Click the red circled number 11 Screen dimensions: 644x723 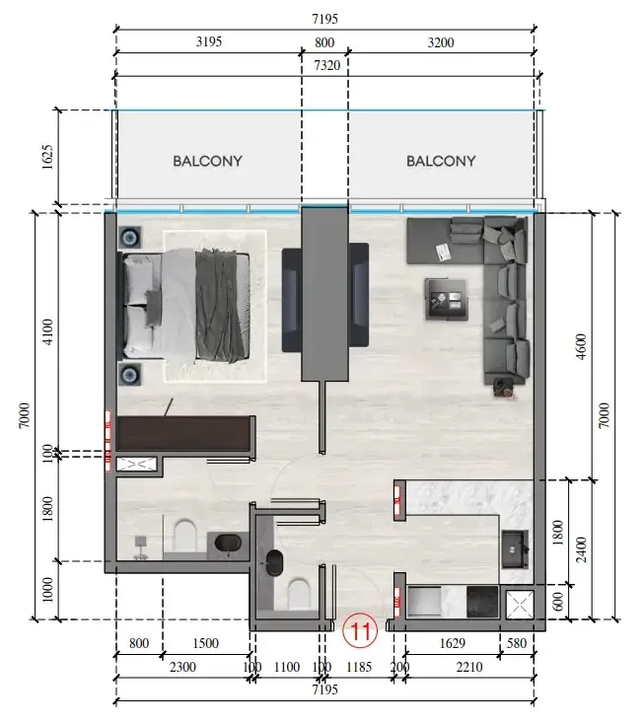[x=360, y=630]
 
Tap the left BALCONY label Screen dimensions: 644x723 [x=207, y=161]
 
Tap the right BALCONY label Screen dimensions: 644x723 [x=441, y=161]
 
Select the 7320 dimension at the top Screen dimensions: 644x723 [x=326, y=65]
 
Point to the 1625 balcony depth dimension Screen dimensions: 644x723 [x=47, y=157]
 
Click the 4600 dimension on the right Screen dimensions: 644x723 [x=581, y=346]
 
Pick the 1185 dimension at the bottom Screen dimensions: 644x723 [x=359, y=667]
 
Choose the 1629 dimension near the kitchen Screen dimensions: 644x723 [x=453, y=643]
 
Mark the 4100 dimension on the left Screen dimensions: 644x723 [x=47, y=331]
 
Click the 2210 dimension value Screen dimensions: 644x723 [x=469, y=667]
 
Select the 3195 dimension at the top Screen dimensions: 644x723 [x=209, y=42]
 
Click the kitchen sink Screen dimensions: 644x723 [x=515, y=549]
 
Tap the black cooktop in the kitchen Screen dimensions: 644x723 [x=482, y=602]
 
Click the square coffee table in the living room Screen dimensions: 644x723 [x=446, y=299]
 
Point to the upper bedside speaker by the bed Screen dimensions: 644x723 [x=130, y=238]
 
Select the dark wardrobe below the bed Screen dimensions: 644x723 [x=185, y=433]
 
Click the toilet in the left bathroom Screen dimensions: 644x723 [x=185, y=536]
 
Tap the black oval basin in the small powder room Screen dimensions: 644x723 [x=275, y=563]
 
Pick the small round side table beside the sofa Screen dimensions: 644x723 [x=503, y=389]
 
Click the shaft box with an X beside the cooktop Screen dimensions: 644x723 [x=520, y=604]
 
